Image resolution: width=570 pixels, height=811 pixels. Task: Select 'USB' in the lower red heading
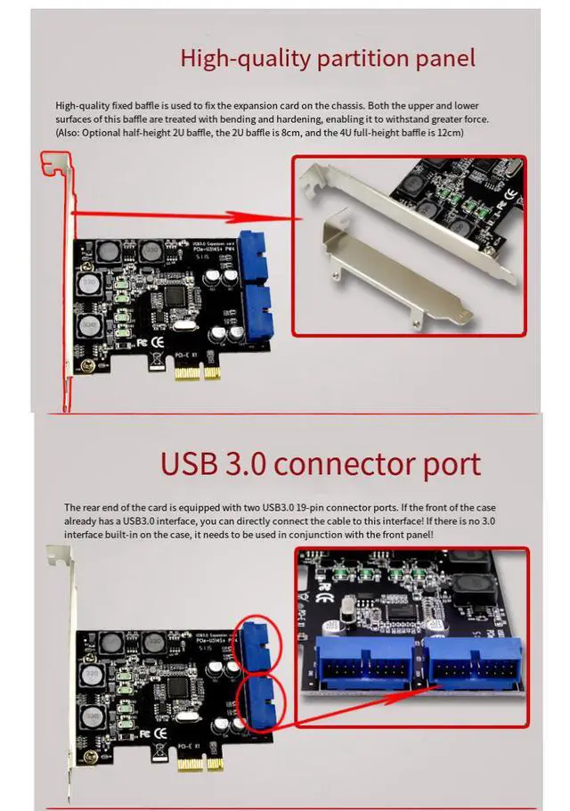pyautogui.click(x=190, y=463)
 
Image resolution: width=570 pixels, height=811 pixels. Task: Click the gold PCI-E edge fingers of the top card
pyautogui.click(x=198, y=371)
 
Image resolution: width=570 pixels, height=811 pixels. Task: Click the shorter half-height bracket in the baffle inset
pyautogui.click(x=392, y=265)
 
